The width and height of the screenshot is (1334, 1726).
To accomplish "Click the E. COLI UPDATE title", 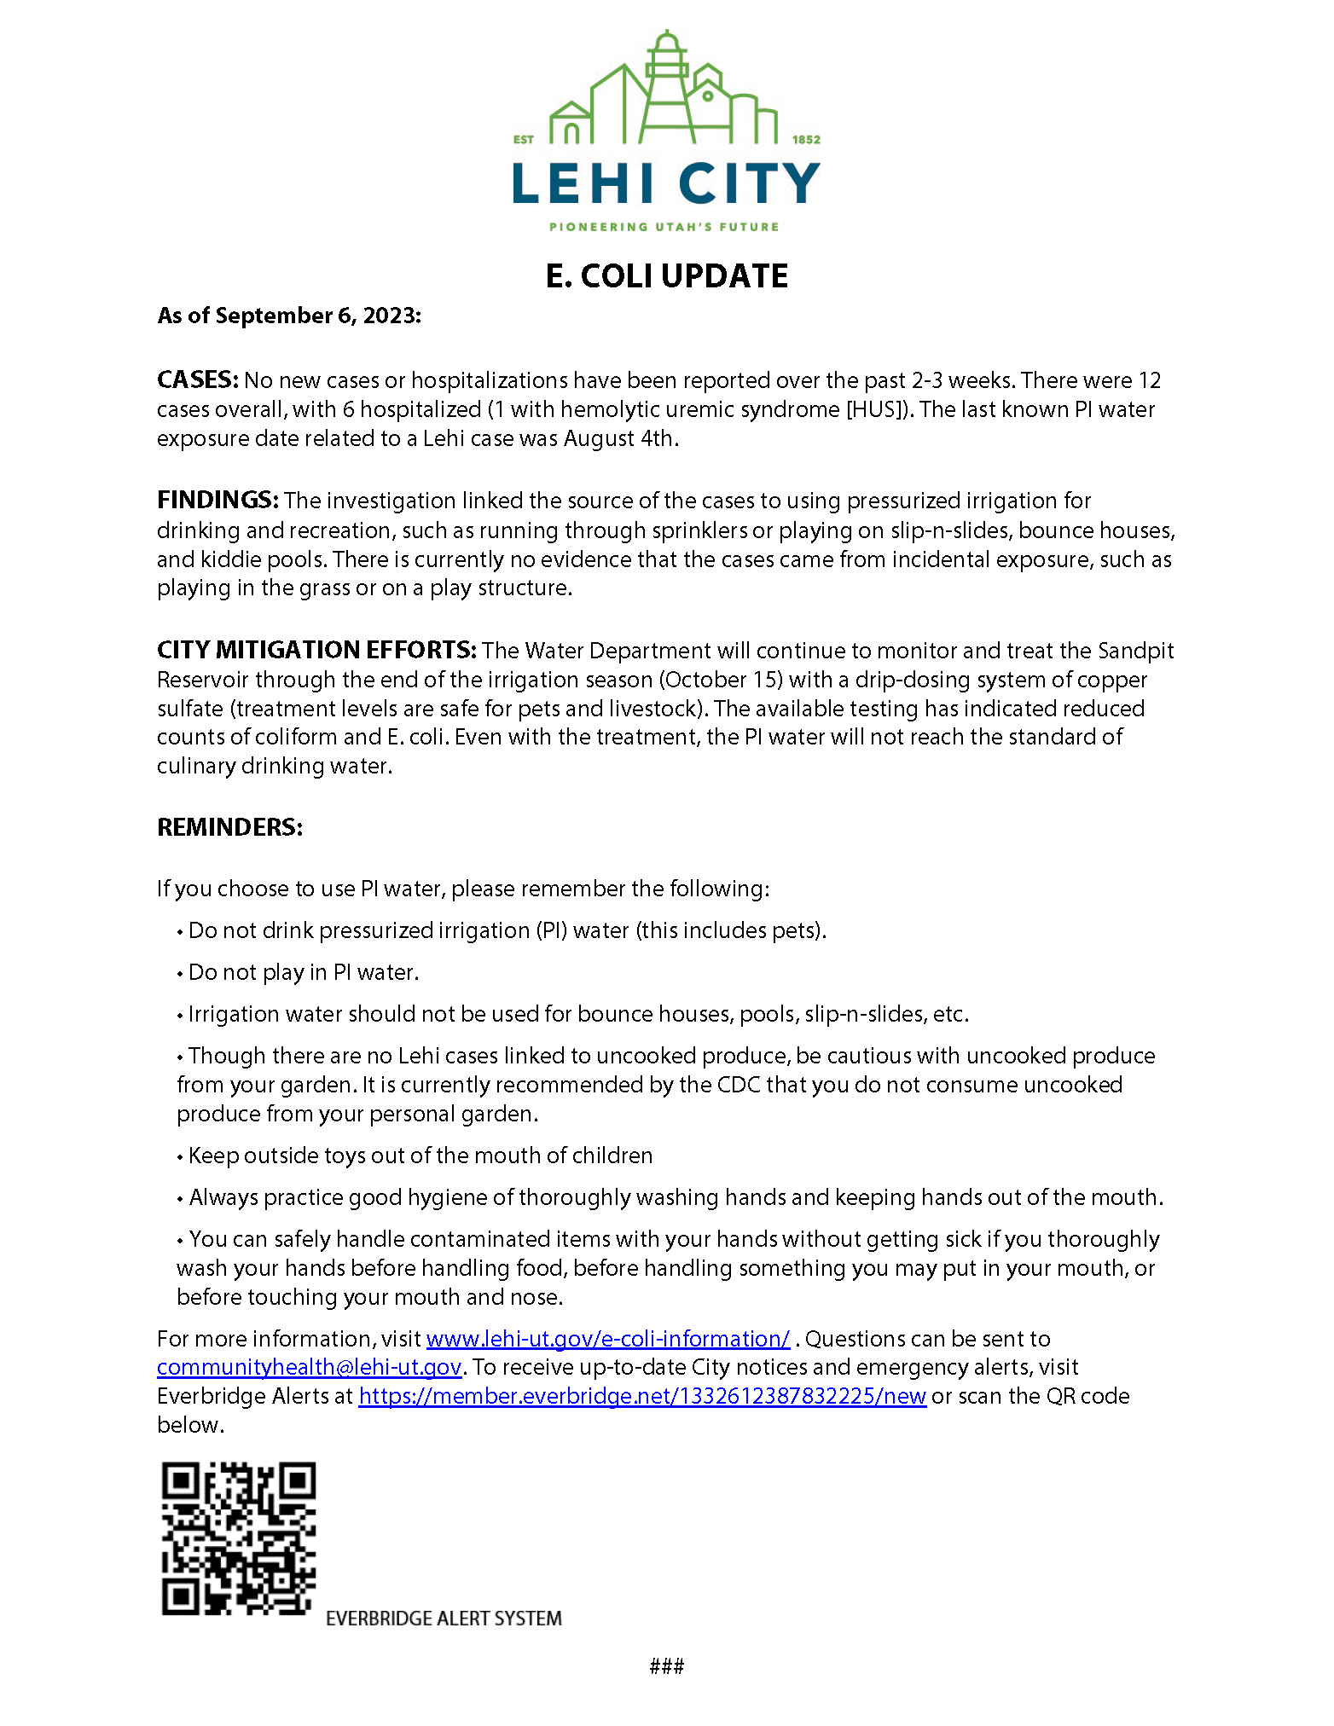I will (666, 276).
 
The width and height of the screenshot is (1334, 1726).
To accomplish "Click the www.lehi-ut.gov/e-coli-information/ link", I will (607, 1339).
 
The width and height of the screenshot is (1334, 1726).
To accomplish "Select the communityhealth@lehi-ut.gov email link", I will (309, 1367).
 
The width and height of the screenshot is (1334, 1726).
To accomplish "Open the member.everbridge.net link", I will (641, 1396).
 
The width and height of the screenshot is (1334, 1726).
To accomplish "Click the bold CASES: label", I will (197, 379).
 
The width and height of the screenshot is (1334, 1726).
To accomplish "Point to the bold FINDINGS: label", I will (217, 500).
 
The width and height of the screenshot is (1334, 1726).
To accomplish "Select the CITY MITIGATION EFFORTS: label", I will (316, 650).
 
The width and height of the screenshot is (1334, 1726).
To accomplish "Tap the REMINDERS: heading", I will (229, 827).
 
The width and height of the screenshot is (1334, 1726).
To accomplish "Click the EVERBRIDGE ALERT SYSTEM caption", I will (444, 1619).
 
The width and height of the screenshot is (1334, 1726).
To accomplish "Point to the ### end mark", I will (666, 1665).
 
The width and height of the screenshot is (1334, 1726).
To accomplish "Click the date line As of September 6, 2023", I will (289, 316).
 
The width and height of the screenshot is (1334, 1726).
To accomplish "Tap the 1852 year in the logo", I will (806, 139).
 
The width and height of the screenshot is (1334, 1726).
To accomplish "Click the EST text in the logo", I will (523, 139).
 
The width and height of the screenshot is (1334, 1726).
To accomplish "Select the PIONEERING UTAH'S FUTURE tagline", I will (664, 227).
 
